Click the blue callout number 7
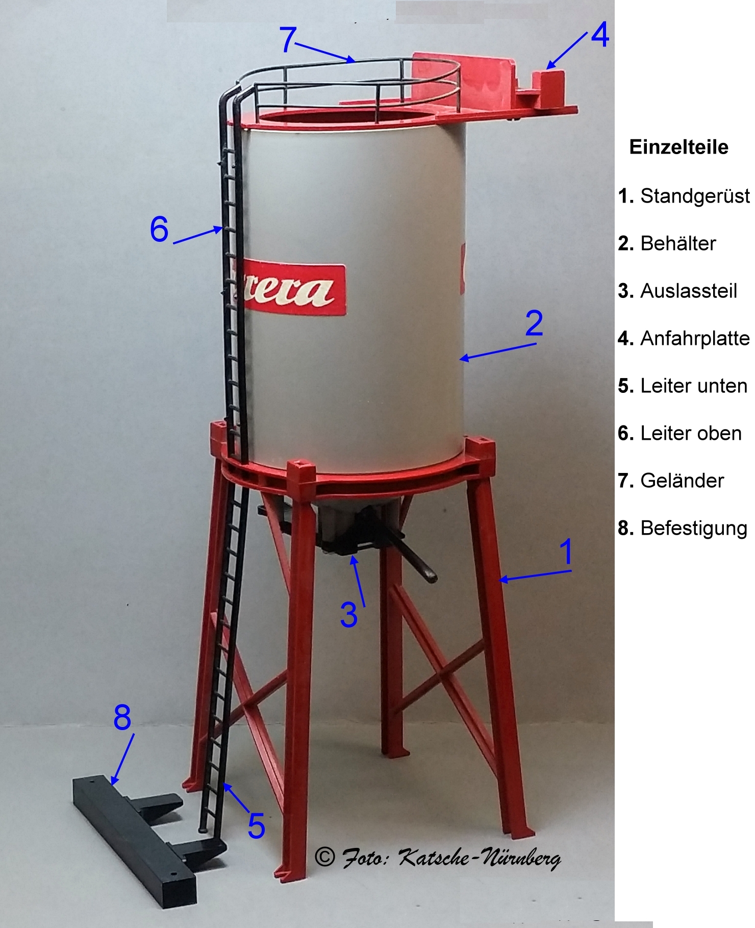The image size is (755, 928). point(288,39)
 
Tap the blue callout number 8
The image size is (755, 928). point(122,717)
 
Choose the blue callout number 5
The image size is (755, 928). point(257,826)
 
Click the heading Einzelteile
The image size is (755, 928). point(678,147)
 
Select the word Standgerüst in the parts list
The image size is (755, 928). point(695,196)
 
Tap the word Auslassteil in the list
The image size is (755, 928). point(689,291)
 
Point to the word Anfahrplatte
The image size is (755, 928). point(695,338)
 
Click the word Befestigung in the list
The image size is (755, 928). point(694,529)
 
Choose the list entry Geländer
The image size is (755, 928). point(682,481)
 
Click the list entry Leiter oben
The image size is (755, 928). point(691,433)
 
